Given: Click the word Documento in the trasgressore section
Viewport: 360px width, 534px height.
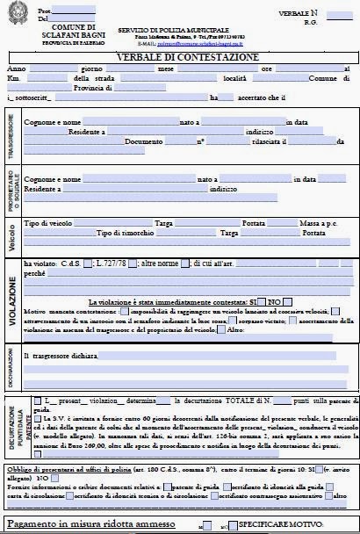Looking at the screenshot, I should (x=145, y=141).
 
